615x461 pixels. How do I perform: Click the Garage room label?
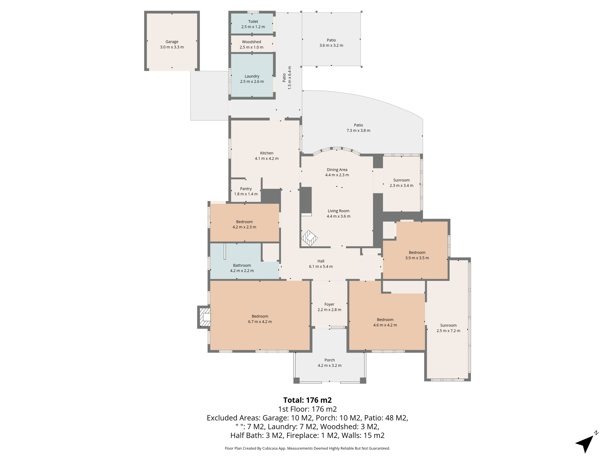coord(172,42)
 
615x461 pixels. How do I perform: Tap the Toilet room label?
coord(253,22)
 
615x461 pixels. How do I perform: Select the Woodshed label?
coord(251,42)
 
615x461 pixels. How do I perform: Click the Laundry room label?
coord(252,76)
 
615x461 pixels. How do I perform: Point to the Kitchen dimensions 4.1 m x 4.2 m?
coord(267,158)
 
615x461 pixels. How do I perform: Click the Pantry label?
coord(246,189)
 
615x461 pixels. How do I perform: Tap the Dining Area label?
coord(337,170)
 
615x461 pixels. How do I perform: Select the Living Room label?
coord(338,211)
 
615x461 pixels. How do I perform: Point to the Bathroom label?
coord(242,265)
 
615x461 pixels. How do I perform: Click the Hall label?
coord(321,261)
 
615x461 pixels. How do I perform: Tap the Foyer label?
coord(329,304)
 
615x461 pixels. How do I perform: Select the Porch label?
coord(329,360)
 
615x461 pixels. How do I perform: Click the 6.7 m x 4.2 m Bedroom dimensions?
coord(260,322)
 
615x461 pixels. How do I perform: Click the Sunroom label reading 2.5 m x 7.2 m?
coord(448,328)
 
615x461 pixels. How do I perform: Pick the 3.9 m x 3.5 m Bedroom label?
coord(417,255)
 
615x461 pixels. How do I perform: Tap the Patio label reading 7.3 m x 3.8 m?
coord(358,128)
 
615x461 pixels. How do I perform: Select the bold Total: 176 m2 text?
coord(307,400)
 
